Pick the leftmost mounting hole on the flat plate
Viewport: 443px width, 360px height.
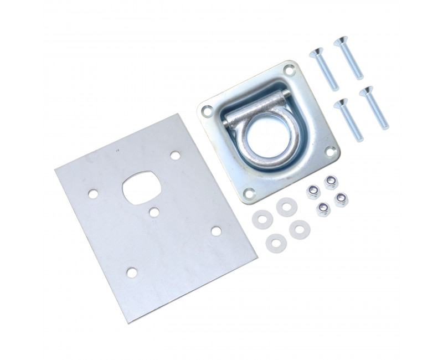coord(92,194)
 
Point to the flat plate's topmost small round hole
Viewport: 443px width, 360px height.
coord(175,156)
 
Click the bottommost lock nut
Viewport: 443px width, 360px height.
coord(322,209)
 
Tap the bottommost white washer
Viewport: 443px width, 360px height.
coord(274,241)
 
